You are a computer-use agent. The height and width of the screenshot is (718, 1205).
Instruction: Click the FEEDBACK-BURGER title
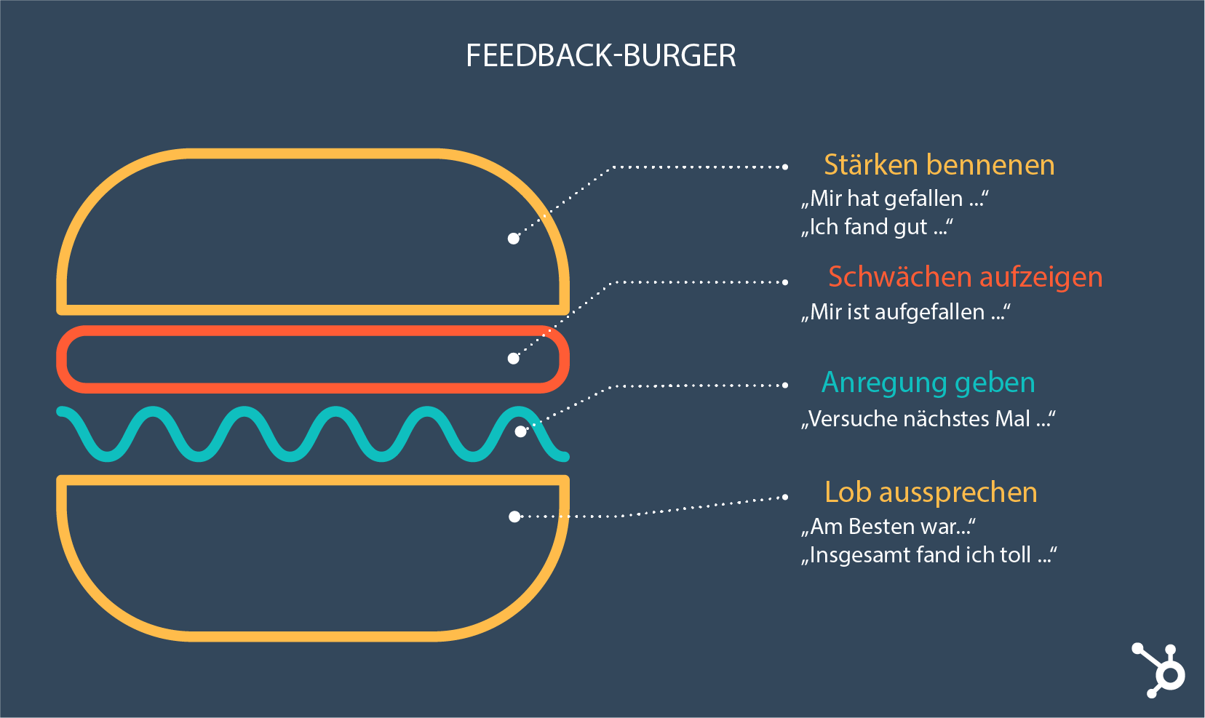(601, 56)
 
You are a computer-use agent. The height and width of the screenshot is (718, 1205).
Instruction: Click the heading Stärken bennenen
(939, 165)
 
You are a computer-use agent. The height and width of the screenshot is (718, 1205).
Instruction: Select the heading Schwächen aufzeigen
(965, 277)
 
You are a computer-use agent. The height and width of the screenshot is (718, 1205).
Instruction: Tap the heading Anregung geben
(928, 383)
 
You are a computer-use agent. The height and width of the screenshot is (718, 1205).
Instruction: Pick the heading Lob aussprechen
(931, 492)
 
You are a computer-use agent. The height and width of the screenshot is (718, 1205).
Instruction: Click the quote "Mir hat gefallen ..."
(895, 199)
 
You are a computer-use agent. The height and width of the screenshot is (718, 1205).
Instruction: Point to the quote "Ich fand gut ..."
(877, 227)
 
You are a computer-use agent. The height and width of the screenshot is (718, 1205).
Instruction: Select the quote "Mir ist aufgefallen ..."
(905, 312)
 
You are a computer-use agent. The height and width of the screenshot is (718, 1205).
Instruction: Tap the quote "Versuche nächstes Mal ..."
(928, 419)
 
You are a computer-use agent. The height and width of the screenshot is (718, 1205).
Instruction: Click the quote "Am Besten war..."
(888, 526)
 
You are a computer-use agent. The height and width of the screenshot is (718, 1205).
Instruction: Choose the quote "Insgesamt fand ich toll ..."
(928, 555)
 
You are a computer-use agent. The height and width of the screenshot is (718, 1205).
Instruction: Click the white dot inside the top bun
(514, 239)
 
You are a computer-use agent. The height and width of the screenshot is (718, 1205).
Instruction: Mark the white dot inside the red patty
(514, 359)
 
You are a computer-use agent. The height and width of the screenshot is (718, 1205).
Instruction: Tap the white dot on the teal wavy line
(521, 431)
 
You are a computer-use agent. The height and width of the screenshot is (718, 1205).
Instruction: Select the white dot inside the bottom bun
(514, 516)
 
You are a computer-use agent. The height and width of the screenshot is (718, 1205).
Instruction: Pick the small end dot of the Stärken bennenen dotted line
(785, 167)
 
